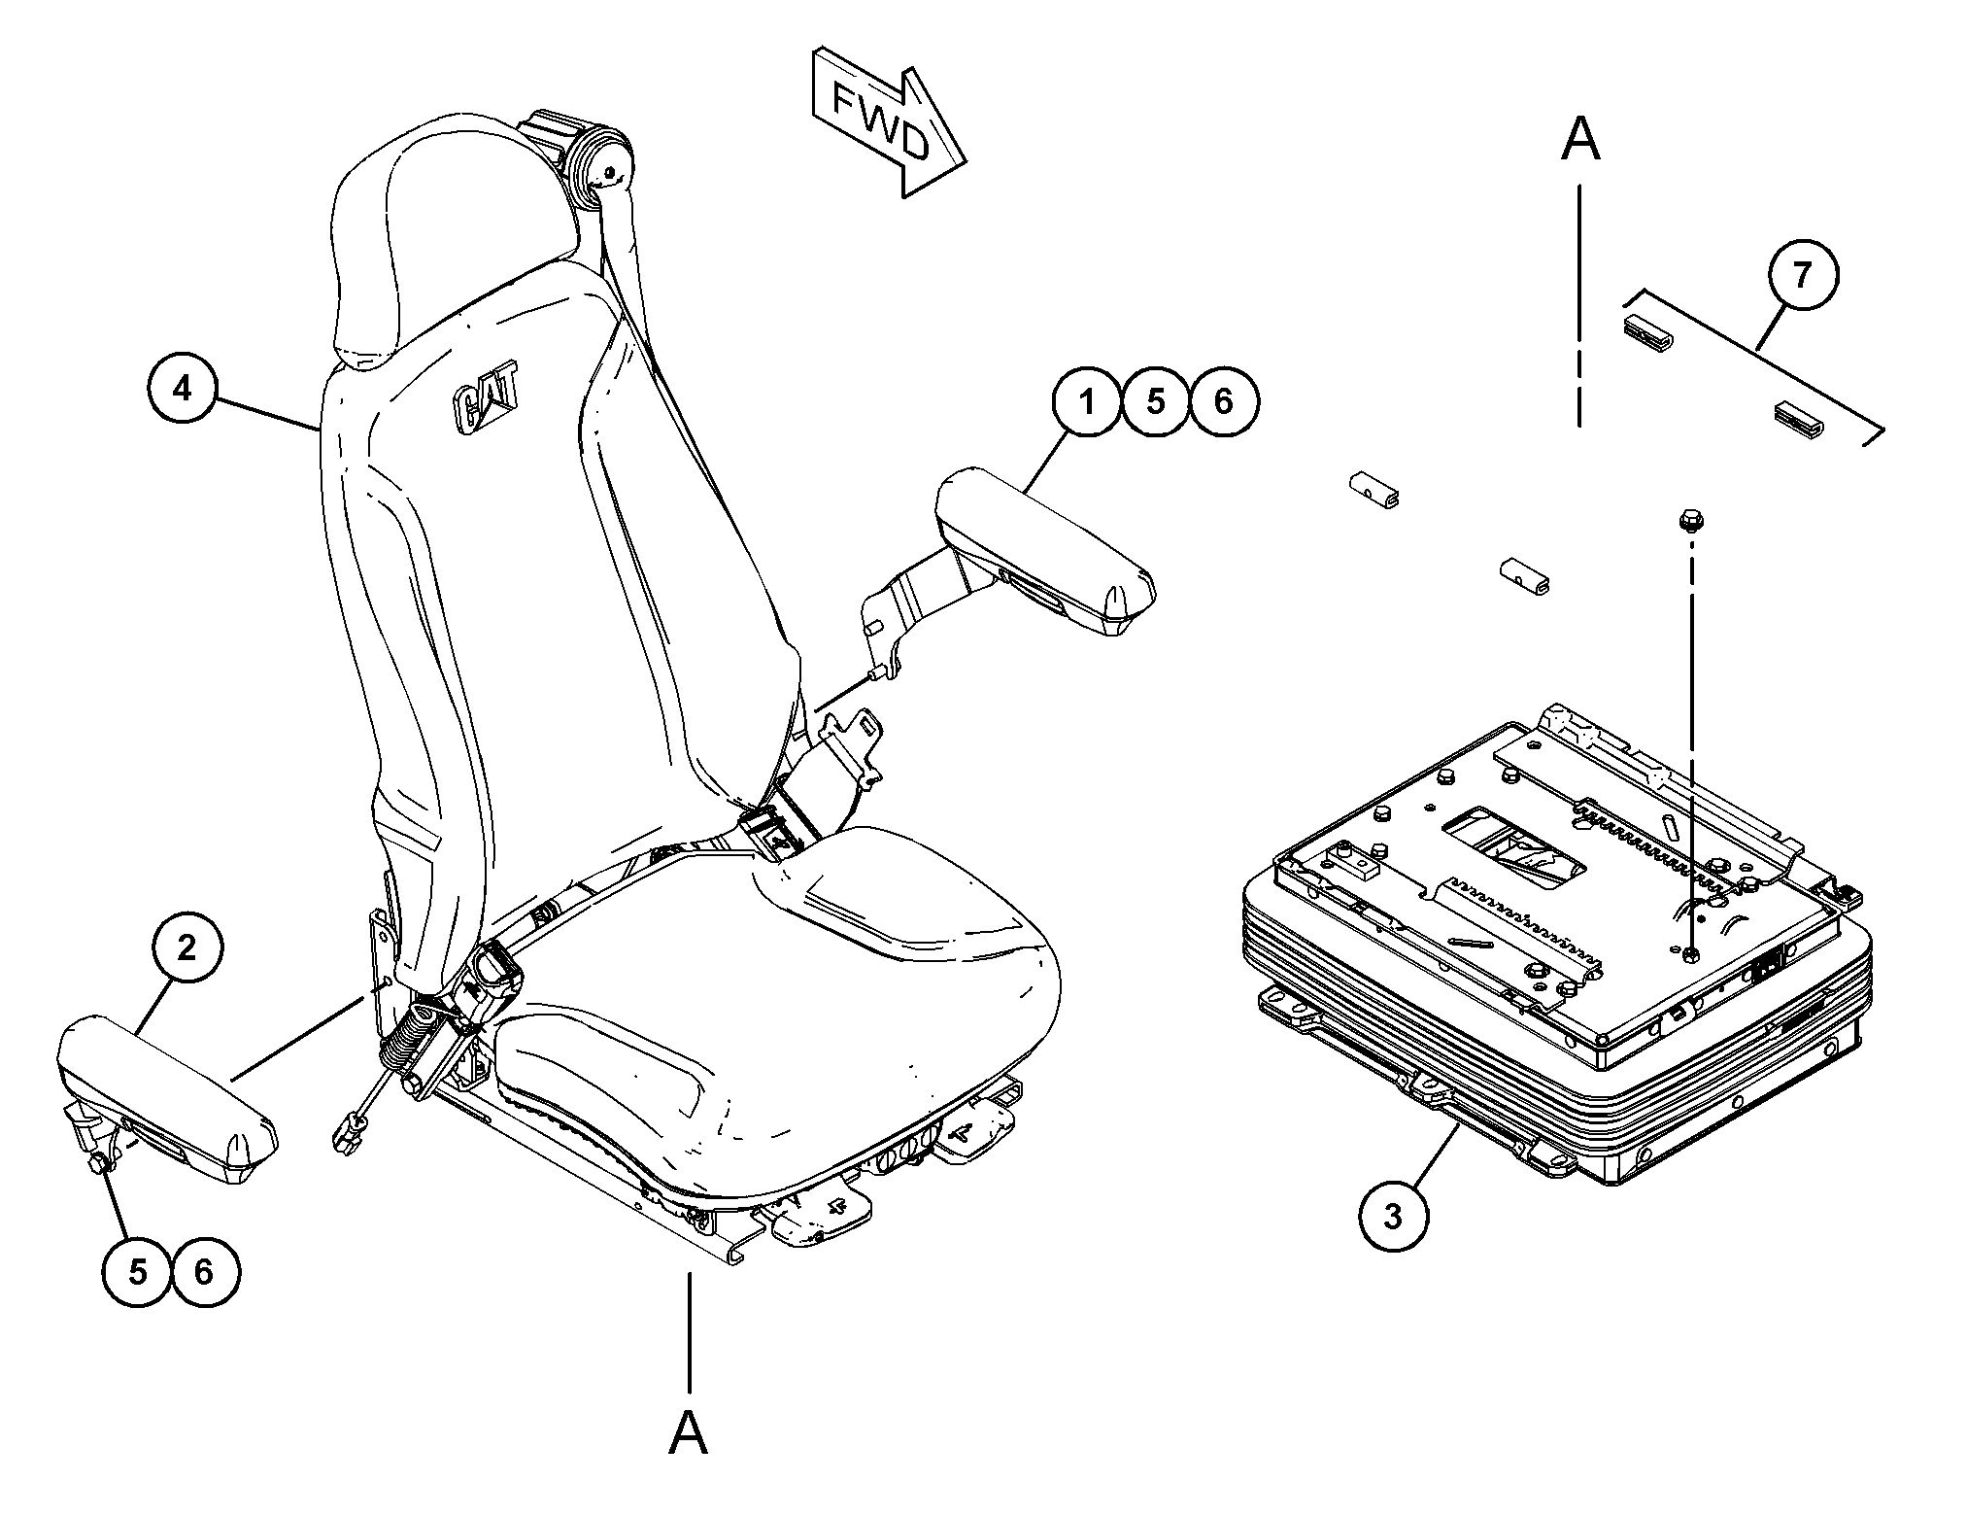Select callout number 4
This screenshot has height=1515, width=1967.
coord(183,389)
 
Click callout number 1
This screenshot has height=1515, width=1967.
coord(1087,400)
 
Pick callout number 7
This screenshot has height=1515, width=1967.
coord(1802,275)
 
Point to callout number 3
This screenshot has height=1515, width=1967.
coord(1393,1216)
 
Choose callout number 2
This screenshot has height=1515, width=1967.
coord(187,947)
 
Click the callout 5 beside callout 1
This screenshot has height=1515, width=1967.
coord(1155,400)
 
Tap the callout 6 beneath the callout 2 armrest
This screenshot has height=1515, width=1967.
coord(204,1271)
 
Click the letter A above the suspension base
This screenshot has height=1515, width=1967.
coord(1579,139)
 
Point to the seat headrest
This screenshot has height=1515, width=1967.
coord(457,233)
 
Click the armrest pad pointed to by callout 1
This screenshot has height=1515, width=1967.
coord(1044,549)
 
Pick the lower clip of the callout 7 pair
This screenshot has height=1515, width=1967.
coord(1800,416)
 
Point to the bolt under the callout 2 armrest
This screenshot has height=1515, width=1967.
coord(100,1162)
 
